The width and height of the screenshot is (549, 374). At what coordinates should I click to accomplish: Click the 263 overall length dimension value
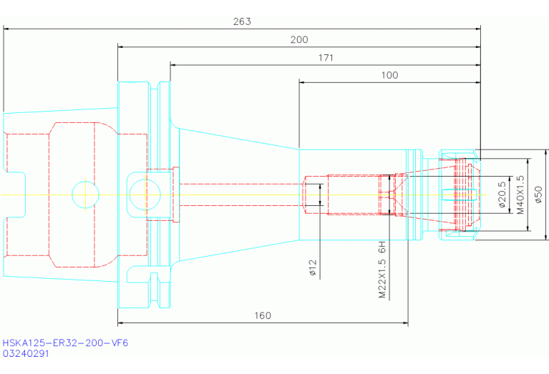(242, 21)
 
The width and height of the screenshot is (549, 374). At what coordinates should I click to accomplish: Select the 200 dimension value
(299, 39)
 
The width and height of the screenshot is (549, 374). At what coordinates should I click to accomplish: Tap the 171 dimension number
(326, 58)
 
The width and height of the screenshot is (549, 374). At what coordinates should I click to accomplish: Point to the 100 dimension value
(389, 75)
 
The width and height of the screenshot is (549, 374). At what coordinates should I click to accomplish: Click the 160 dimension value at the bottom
(262, 316)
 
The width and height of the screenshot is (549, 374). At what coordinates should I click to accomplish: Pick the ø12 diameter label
(313, 267)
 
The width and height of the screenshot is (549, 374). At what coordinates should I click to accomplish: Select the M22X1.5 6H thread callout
(382, 270)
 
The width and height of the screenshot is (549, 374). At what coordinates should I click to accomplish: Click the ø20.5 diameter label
(502, 195)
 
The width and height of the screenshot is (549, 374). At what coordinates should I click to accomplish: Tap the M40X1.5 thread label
(520, 195)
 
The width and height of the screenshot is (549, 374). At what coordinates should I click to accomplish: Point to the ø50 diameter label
(538, 195)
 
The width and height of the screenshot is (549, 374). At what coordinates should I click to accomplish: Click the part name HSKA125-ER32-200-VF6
(65, 343)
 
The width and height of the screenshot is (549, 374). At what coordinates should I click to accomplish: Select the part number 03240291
(26, 353)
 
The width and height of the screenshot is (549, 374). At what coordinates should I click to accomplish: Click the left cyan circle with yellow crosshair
(85, 195)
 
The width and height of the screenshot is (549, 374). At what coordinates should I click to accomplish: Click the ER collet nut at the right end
(460, 195)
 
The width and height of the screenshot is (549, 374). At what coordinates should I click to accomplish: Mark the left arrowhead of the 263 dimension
(6, 29)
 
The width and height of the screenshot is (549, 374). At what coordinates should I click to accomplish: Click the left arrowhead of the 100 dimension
(302, 82)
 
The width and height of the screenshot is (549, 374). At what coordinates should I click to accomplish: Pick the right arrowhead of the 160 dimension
(405, 323)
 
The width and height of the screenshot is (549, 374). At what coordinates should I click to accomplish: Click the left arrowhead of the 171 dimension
(173, 65)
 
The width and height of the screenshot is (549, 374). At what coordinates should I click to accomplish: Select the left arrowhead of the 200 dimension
(121, 47)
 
